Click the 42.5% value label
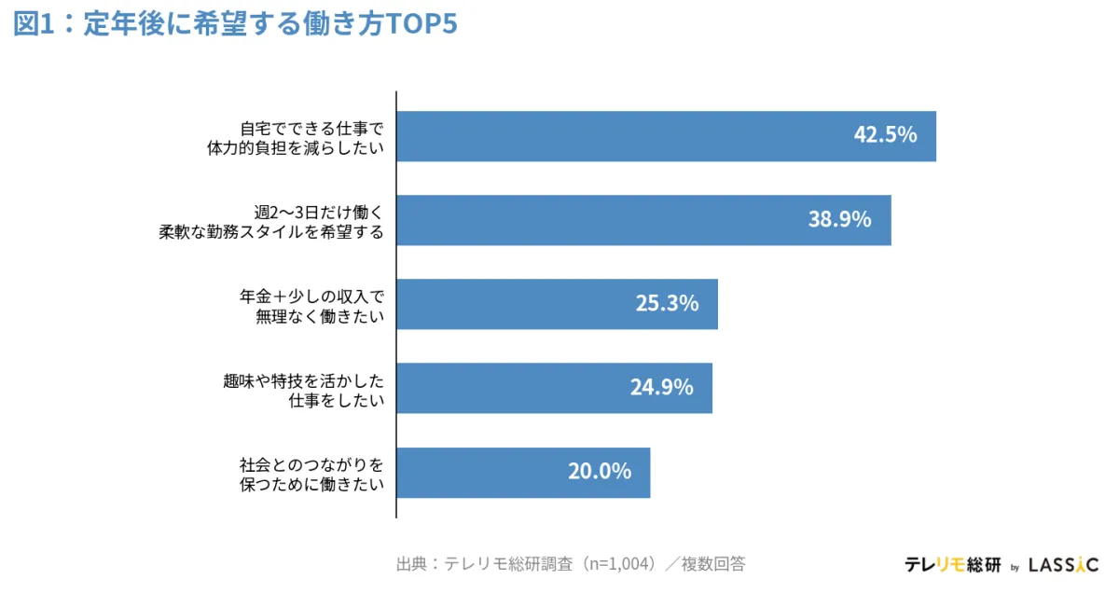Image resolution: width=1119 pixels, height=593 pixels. (885, 135)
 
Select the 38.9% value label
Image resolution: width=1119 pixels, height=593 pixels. (839, 219)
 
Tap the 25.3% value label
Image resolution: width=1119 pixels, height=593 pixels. (667, 303)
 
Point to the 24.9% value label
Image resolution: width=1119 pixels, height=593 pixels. (661, 387)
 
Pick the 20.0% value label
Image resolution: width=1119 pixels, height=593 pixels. (600, 471)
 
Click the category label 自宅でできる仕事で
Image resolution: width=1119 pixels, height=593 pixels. (311, 128)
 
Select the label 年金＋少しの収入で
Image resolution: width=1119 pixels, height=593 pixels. (311, 296)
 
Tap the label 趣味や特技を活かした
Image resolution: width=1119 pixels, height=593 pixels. (304, 379)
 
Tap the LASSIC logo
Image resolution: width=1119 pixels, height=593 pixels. (1063, 565)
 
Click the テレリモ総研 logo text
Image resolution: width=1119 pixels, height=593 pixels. (952, 565)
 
